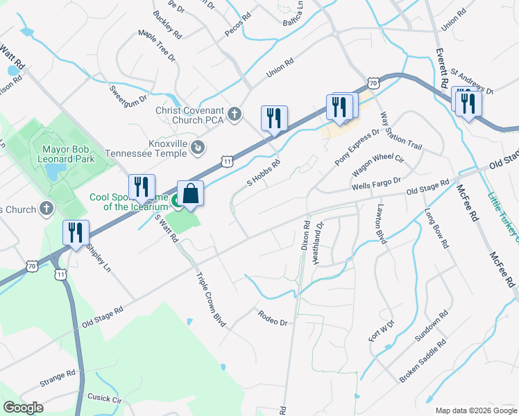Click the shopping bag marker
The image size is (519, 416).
click(x=190, y=193)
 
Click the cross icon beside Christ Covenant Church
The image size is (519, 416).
click(x=235, y=114)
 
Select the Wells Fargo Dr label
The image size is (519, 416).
click(x=376, y=184)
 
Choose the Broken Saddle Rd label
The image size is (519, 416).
click(x=423, y=362)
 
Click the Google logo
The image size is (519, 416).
click(x=24, y=408)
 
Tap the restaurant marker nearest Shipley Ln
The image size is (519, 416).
click(x=76, y=233)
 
